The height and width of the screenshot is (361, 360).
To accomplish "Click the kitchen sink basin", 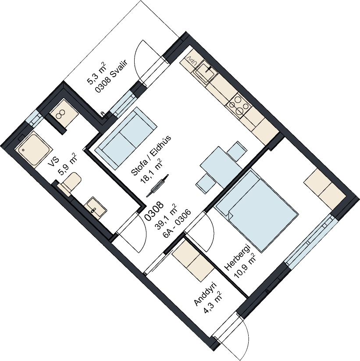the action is click(x=205, y=71).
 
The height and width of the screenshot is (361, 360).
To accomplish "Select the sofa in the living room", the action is click(x=126, y=138).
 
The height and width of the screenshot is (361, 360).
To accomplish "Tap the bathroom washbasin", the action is click(x=95, y=207).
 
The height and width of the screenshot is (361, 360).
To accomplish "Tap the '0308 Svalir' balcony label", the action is click(x=111, y=75).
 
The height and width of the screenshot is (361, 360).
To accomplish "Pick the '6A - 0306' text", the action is click(x=177, y=224).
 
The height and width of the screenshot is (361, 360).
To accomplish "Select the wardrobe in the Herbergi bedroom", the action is click(x=325, y=189).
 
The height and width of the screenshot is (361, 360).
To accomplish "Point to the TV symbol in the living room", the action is click(x=158, y=186).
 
